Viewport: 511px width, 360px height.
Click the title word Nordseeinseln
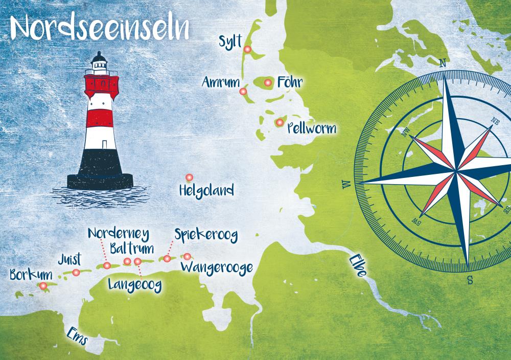coord(100,27)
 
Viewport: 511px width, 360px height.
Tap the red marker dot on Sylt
coord(247,49)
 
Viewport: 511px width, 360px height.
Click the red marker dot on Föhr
coord(267,82)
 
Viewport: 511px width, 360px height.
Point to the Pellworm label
coord(311,127)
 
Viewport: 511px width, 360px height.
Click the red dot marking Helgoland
coord(189,177)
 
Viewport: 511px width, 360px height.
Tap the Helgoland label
coord(206,191)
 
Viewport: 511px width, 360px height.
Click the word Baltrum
coord(131,250)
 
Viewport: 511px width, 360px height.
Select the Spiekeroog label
coord(206,235)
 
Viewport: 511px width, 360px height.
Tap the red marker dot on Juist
coord(76,273)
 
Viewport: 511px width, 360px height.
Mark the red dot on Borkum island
coord(43,286)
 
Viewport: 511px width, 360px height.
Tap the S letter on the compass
coord(469,279)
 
